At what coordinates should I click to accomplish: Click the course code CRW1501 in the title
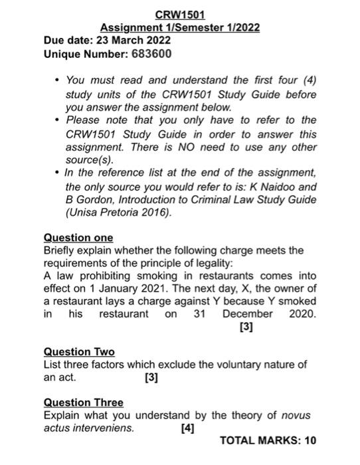(x=180, y=15)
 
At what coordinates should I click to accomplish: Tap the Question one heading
(x=78, y=237)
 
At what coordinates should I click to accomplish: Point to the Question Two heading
(x=79, y=351)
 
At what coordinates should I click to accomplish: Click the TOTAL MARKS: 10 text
(x=268, y=440)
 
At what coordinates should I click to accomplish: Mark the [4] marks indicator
(x=188, y=428)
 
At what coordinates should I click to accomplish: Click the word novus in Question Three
(x=296, y=416)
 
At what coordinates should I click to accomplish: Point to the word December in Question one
(x=248, y=314)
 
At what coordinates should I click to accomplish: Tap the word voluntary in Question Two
(x=236, y=364)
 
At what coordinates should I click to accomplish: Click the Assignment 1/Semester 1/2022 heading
(x=179, y=27)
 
